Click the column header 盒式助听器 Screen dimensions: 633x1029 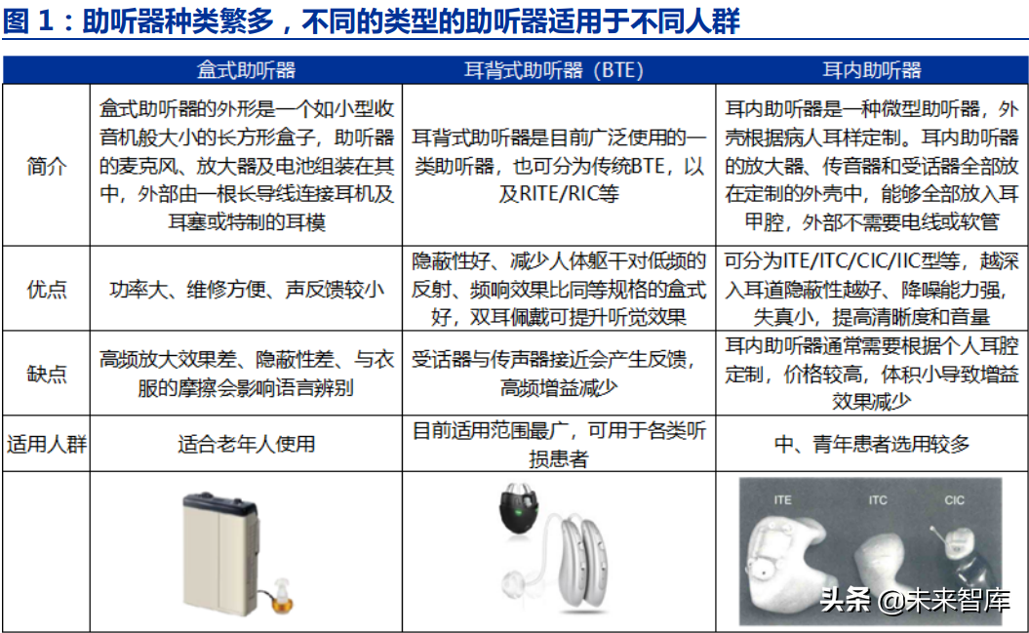click(246, 71)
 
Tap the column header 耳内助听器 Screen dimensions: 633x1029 click(872, 71)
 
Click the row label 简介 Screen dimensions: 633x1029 click(46, 165)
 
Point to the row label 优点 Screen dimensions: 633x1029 click(46, 289)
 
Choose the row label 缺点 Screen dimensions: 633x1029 click(46, 374)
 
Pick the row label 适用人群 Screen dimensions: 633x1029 click(46, 445)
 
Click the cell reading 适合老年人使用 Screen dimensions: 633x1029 click(246, 445)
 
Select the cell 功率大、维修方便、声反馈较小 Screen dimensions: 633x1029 click(246, 289)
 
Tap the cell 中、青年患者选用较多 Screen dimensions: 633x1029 click(872, 445)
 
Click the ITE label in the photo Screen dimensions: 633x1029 click(782, 500)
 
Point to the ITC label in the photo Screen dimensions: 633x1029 click(878, 500)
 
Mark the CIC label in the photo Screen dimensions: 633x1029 click(954, 500)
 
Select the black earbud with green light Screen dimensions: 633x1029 click(525, 513)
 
